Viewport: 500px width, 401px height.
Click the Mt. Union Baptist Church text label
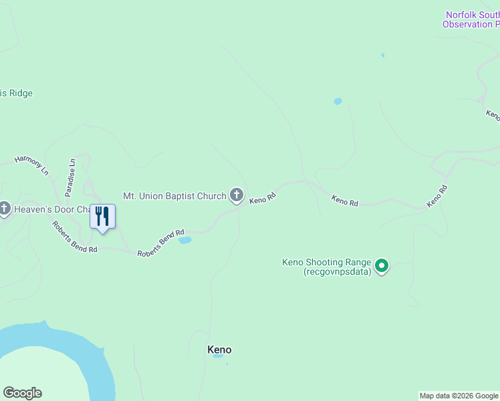pos(174,196)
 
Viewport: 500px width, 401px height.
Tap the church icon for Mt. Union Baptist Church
pos(236,196)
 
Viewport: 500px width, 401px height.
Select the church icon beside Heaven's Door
pos(5,209)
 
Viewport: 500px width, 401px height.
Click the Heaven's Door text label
pos(51,210)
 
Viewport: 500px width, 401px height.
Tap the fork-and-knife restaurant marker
pos(102,217)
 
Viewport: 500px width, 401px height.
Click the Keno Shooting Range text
pos(326,263)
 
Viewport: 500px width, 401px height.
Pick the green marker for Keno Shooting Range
pos(382,267)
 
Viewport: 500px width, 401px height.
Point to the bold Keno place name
pos(219,350)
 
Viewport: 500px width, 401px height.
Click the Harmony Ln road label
pos(32,166)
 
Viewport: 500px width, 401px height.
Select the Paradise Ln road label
pos(71,177)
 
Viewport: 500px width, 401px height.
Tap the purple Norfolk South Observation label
pos(471,20)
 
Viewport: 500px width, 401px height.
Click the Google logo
pos(22,393)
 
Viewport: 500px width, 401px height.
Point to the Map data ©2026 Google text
pos(459,396)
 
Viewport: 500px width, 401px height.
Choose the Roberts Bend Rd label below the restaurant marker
pos(75,237)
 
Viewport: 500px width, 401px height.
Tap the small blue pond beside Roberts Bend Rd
pos(185,240)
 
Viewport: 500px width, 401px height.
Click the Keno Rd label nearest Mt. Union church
pos(263,198)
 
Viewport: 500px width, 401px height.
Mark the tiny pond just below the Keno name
pos(218,356)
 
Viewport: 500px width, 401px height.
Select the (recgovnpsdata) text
pos(337,272)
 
